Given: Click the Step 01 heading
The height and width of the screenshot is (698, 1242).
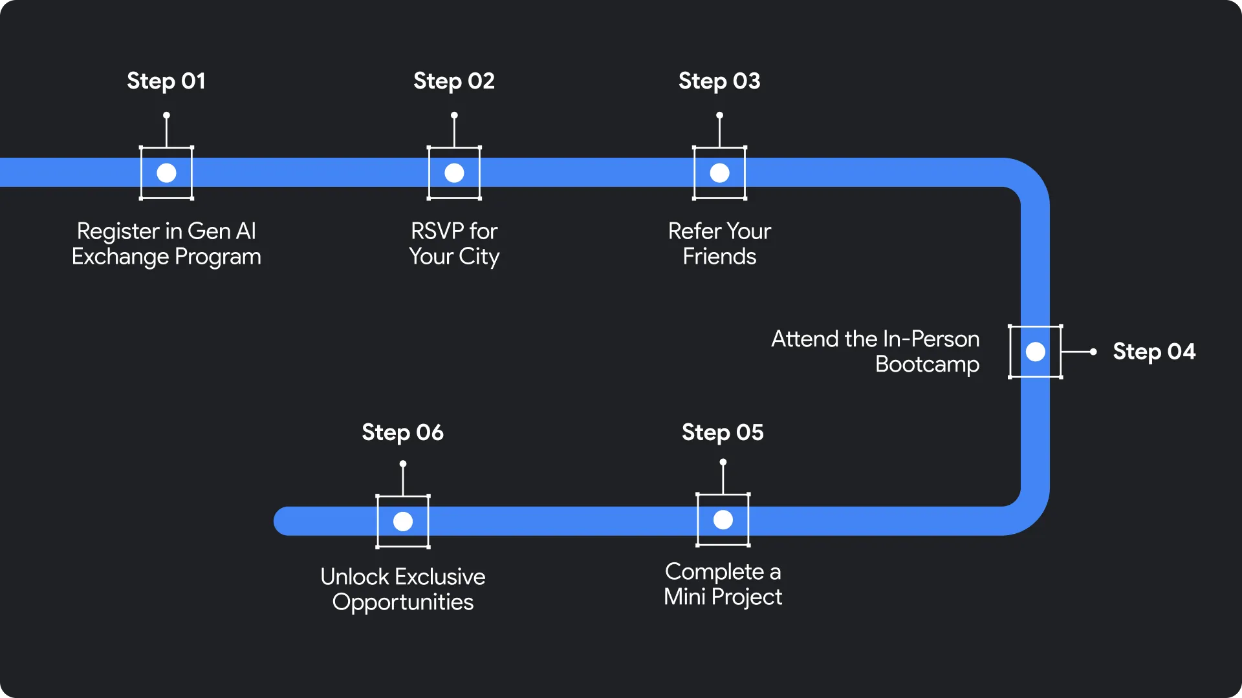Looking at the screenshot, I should click(x=166, y=81).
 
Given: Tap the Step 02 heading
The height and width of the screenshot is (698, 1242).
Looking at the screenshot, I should click(x=454, y=81).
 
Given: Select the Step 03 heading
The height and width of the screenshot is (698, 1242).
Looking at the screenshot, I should click(x=719, y=81).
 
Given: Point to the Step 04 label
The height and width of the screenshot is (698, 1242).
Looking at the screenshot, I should click(x=1154, y=352).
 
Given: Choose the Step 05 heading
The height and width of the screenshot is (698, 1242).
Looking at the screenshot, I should click(x=723, y=432).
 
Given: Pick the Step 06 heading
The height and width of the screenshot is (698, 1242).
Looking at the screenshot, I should click(x=402, y=432).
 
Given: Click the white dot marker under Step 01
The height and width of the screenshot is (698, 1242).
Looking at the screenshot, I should click(x=166, y=173).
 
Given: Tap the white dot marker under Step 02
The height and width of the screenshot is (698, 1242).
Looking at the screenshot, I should click(x=454, y=173).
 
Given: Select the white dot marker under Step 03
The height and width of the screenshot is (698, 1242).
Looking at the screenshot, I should click(x=719, y=173).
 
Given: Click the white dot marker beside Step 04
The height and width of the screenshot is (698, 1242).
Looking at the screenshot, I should click(x=1035, y=352).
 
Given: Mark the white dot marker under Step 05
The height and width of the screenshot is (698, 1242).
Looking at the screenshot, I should click(x=723, y=520).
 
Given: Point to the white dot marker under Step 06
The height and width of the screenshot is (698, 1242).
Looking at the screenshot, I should click(x=402, y=521).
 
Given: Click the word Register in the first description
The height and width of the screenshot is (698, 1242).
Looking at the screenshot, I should click(x=118, y=231).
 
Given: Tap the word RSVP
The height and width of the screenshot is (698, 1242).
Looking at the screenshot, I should click(x=437, y=231).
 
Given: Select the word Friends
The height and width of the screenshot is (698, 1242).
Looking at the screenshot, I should click(x=719, y=257).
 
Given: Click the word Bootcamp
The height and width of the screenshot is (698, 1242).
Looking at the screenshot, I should click(x=927, y=365).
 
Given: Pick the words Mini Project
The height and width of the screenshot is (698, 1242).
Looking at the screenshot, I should click(x=723, y=597).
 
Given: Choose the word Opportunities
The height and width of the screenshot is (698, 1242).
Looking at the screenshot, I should click(x=402, y=602).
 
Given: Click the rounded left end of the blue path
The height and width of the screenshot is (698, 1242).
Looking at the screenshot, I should click(x=285, y=521).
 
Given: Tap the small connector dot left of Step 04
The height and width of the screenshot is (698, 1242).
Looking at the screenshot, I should click(x=1093, y=352).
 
